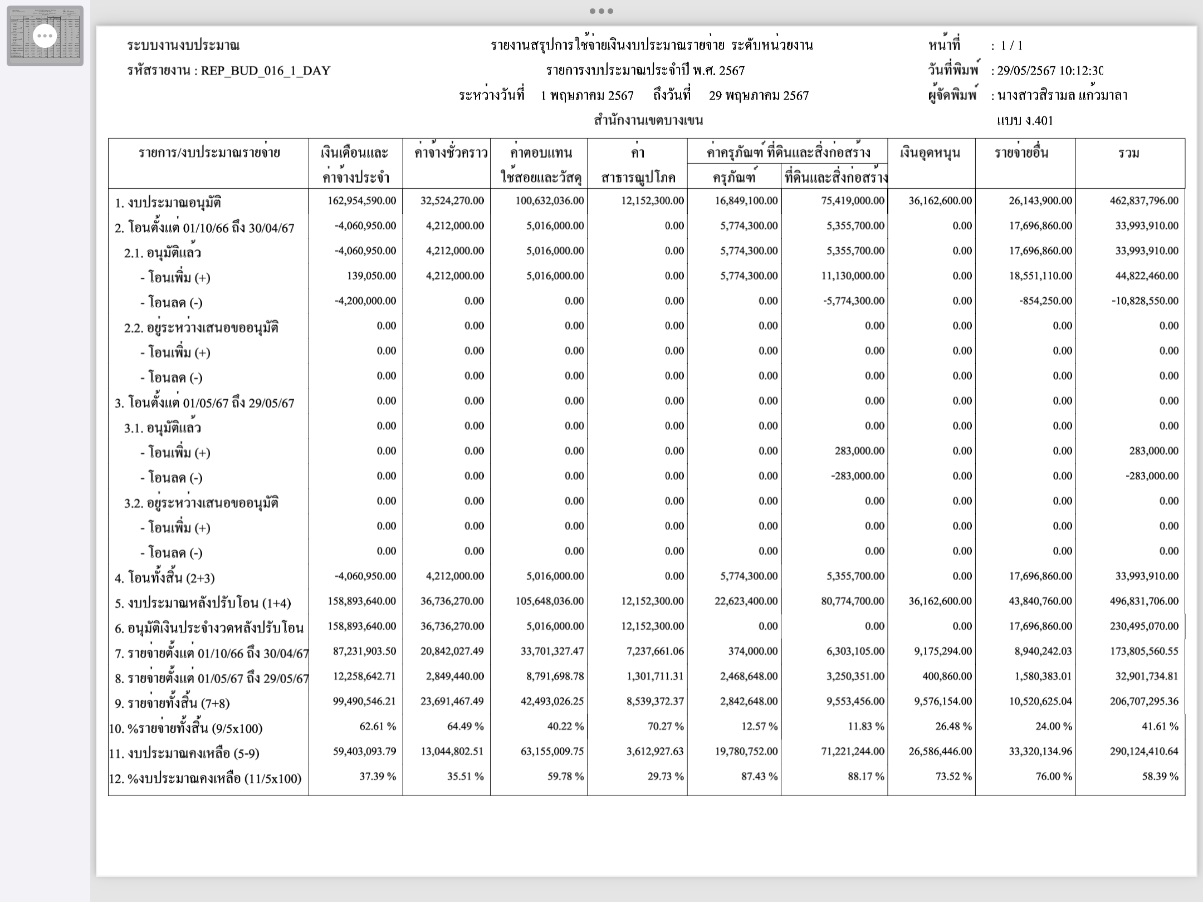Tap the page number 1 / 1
click(x=1011, y=46)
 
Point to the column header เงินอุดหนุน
click(x=930, y=153)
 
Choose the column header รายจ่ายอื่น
click(x=1021, y=153)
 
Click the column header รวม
click(x=1129, y=153)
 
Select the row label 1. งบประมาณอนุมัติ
click(x=168, y=203)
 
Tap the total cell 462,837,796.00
click(x=1144, y=200)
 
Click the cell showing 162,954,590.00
click(x=362, y=200)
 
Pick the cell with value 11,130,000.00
click(x=853, y=276)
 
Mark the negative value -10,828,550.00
click(x=1145, y=301)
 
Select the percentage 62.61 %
click(x=378, y=726)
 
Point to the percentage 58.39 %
click(x=1160, y=776)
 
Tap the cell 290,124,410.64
click(x=1144, y=751)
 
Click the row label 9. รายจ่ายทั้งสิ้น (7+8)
click(x=172, y=703)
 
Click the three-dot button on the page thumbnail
click(x=45, y=36)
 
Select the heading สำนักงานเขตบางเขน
click(x=648, y=120)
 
